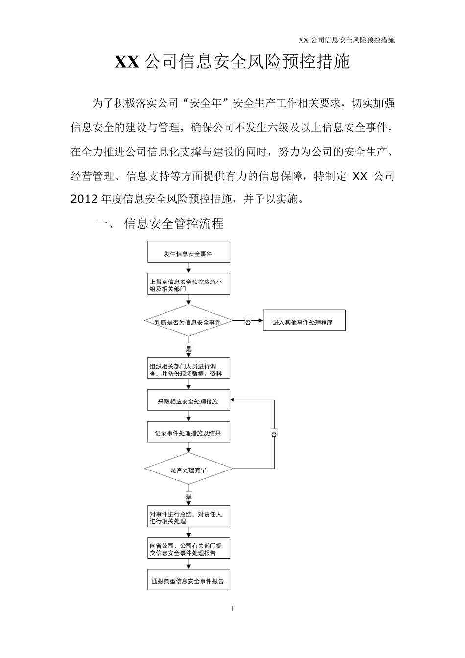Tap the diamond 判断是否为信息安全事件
[188, 322]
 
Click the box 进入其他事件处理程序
[304, 322]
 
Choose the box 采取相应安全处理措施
[188, 401]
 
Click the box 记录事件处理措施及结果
[188, 433]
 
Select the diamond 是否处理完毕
[188, 470]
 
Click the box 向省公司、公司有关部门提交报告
[188, 549]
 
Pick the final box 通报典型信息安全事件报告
[188, 581]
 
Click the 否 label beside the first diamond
[248, 322]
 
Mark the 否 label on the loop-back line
[274, 434]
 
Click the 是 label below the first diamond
[189, 348]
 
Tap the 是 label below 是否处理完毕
[189, 496]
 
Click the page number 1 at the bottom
[232, 609]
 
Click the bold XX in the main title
[128, 62]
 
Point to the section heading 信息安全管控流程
[174, 224]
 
